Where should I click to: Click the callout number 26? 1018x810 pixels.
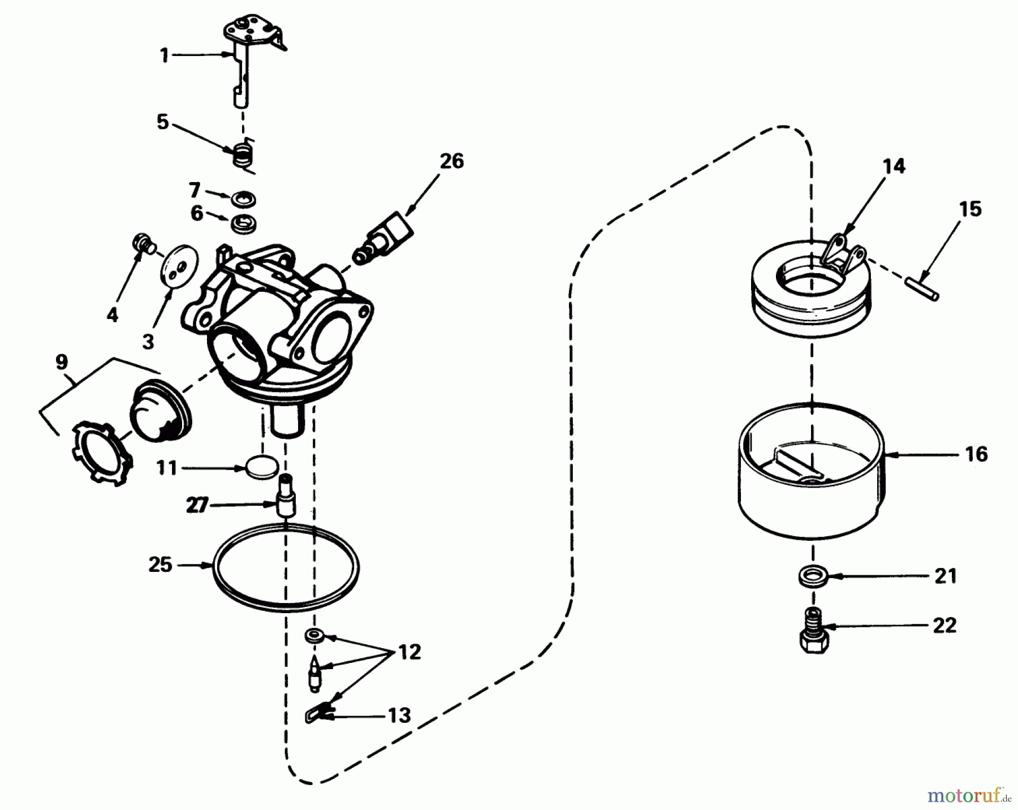coord(451,161)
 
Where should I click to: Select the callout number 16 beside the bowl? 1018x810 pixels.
coord(976,454)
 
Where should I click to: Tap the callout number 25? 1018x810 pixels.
coord(160,565)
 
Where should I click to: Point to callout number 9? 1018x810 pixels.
coord(62,362)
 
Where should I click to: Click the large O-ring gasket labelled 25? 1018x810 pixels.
coord(286,567)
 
